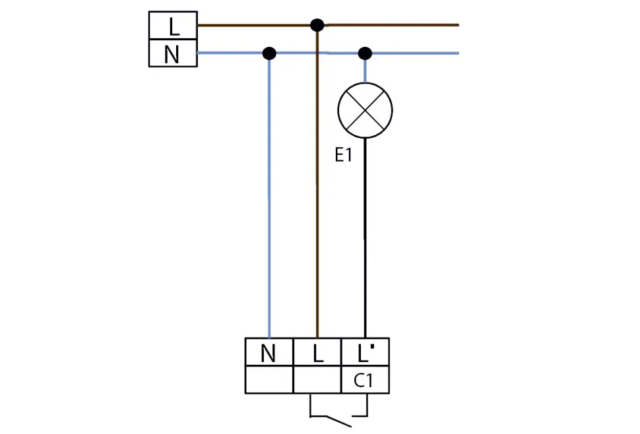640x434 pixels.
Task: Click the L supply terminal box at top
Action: click(x=173, y=25)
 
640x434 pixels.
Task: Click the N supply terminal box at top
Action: click(x=173, y=53)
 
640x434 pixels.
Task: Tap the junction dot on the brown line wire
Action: click(x=317, y=25)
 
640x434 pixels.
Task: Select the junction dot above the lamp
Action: click(x=365, y=53)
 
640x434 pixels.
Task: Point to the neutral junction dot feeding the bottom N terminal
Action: click(x=269, y=53)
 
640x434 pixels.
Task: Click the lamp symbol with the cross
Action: click(x=365, y=110)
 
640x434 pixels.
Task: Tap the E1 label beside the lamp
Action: click(x=344, y=156)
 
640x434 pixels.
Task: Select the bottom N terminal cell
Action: click(x=269, y=353)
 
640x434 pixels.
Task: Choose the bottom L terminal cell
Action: click(x=317, y=353)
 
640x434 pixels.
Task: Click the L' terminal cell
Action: click(x=365, y=353)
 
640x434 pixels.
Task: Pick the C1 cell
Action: click(x=365, y=381)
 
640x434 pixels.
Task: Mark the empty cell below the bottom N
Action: click(x=269, y=381)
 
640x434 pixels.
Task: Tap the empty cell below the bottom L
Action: click(x=317, y=381)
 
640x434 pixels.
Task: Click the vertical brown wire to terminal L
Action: click(x=317, y=198)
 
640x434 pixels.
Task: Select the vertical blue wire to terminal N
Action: click(x=269, y=198)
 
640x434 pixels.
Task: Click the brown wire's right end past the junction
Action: click(x=449, y=25)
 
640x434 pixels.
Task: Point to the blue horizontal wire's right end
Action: click(x=449, y=53)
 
